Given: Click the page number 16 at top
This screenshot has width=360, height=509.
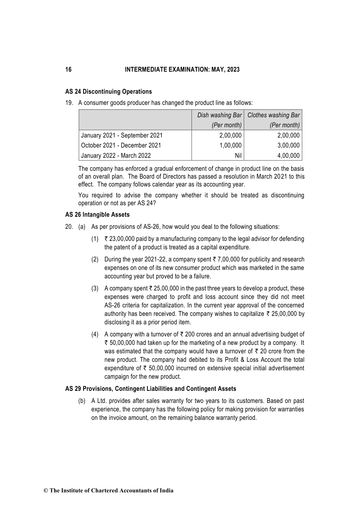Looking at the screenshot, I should click(69, 70).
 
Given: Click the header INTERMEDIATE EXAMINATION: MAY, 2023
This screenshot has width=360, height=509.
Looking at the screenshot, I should click(182, 70).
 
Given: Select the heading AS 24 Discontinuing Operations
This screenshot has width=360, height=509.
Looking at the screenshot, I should click(109, 92).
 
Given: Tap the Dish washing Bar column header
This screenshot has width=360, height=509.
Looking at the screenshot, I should click(219, 115).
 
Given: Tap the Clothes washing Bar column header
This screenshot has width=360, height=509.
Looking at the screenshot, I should click(274, 115).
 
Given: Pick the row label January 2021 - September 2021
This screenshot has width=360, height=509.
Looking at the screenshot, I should click(122, 135).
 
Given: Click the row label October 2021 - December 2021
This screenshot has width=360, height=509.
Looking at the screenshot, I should click(121, 145).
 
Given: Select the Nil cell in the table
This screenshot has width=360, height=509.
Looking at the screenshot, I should click(238, 156).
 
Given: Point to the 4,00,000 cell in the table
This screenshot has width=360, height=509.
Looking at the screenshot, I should click(288, 156).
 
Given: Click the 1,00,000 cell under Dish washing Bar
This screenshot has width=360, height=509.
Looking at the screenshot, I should click(230, 145).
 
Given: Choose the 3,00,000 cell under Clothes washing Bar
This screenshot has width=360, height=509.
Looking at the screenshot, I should click(288, 145).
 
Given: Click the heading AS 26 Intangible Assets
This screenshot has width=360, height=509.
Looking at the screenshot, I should click(97, 215).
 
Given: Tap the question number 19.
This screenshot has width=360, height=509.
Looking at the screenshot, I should click(69, 103).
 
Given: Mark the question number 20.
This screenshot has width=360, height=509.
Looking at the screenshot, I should click(69, 227).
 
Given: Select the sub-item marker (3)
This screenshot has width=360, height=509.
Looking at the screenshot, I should click(95, 288).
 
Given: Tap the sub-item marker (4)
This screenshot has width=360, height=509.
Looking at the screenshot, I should click(95, 334).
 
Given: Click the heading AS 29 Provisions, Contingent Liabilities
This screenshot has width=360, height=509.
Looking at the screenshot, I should click(151, 389).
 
